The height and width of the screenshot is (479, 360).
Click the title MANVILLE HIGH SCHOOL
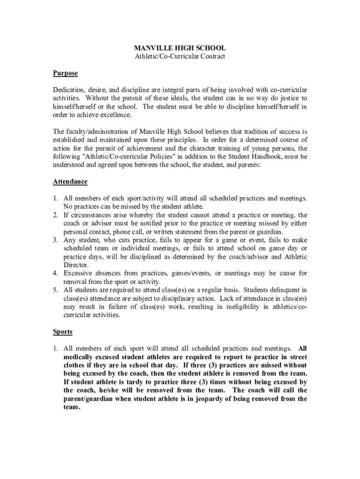point(180,48)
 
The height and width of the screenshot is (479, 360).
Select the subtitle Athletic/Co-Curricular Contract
point(180,57)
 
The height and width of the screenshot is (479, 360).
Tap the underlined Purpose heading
point(65,73)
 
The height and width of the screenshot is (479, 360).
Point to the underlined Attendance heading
point(70,181)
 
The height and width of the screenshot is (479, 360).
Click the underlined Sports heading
point(63,332)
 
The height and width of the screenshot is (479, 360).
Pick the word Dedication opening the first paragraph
point(69,90)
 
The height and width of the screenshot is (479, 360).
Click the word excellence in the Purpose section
point(116,115)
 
